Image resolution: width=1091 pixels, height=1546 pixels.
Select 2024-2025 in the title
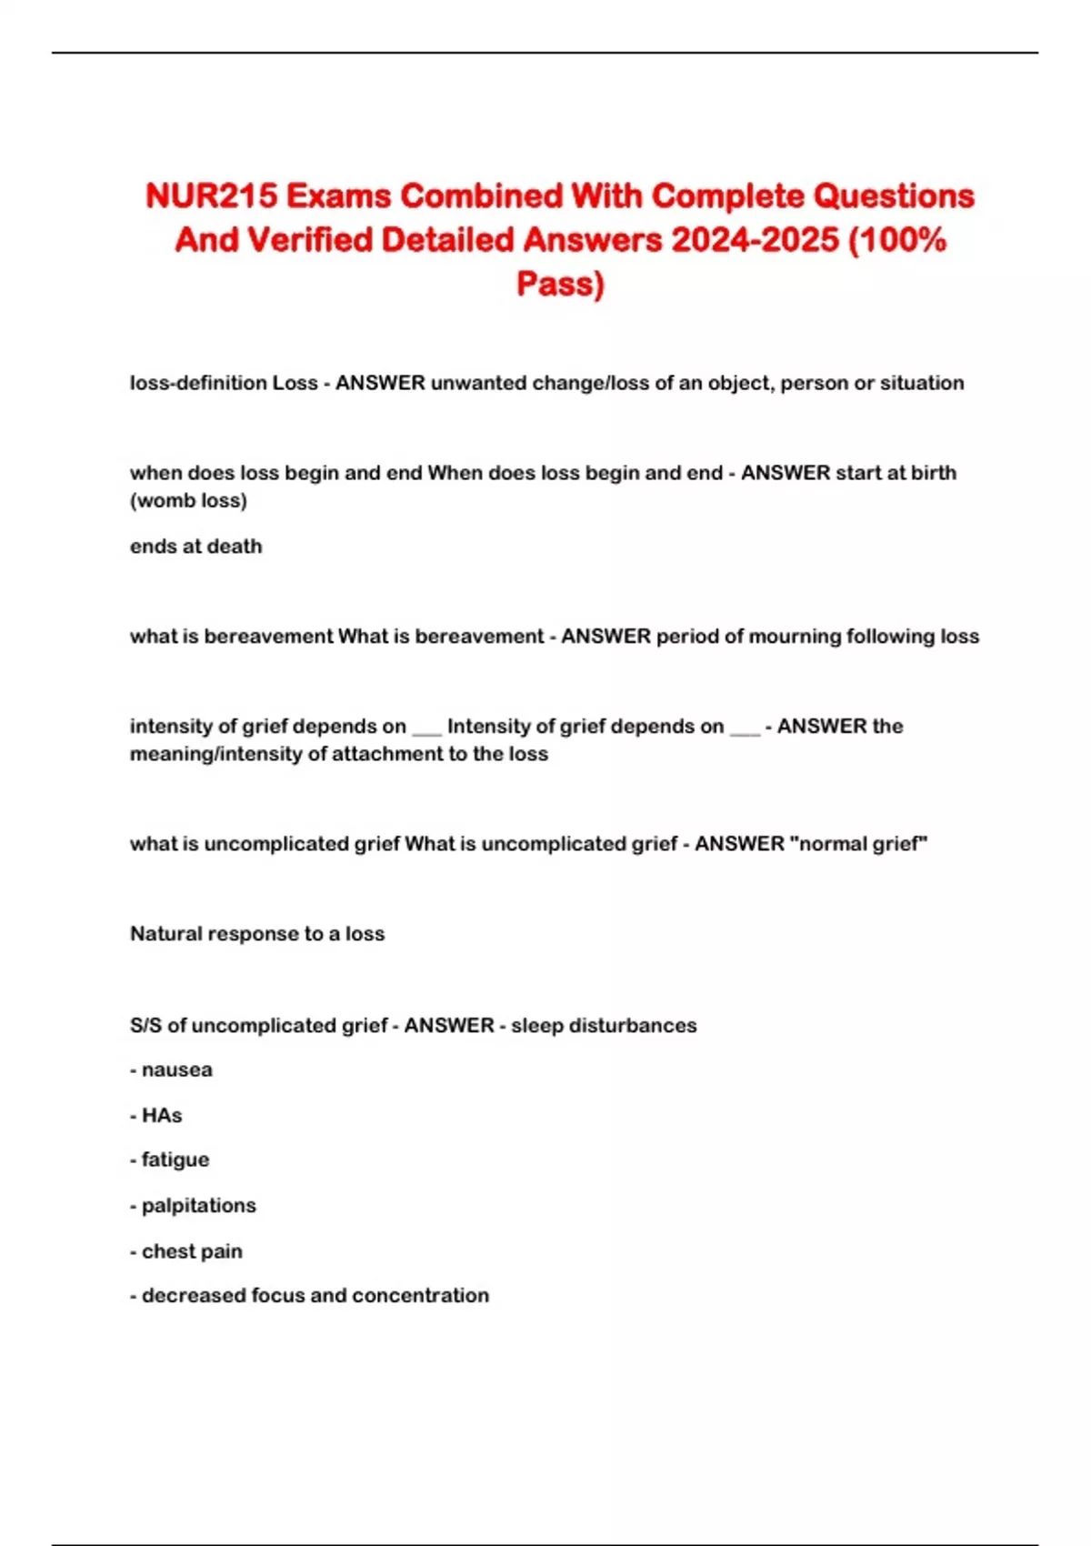click(755, 240)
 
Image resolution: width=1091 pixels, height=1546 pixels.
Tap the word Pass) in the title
click(560, 284)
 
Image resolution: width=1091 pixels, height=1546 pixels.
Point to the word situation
click(921, 383)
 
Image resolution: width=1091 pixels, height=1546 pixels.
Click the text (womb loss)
click(188, 500)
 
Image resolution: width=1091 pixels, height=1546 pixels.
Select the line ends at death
click(195, 547)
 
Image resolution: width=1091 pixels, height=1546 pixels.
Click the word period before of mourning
click(687, 637)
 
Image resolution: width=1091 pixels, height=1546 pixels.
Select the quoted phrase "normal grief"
click(859, 844)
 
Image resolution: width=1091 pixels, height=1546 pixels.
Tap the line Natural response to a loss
click(257, 934)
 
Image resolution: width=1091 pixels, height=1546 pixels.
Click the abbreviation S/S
click(145, 1026)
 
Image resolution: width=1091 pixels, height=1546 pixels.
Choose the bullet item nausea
click(176, 1070)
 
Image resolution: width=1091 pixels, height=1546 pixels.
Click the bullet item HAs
click(162, 1116)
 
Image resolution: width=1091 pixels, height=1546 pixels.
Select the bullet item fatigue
click(175, 1160)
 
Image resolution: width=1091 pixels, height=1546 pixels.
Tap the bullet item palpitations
click(198, 1206)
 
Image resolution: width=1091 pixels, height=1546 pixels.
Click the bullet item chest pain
click(192, 1251)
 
